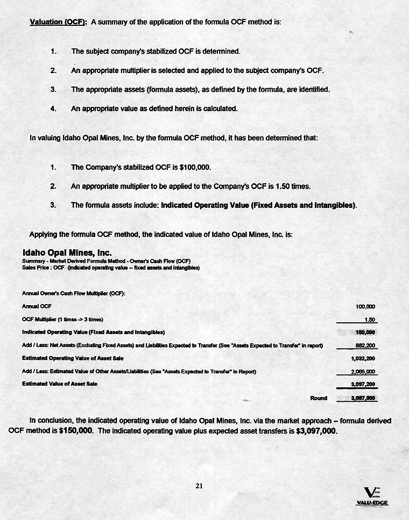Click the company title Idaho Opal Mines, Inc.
tap(67, 252)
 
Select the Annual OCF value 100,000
tap(365, 307)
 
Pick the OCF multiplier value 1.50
tap(370, 320)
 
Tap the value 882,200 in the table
tap(365, 345)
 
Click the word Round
tap(319, 398)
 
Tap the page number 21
tap(199, 486)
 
